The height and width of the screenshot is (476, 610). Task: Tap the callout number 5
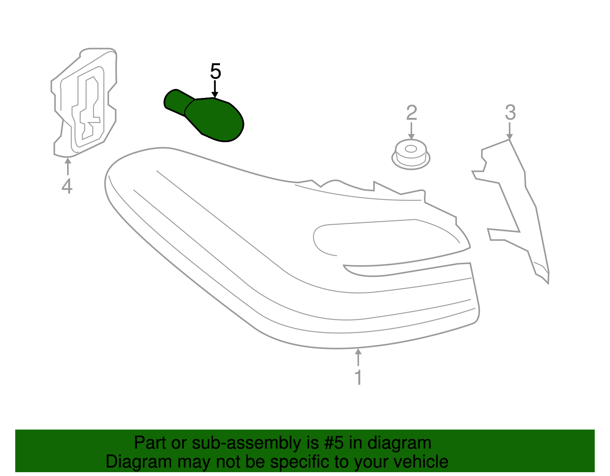(x=215, y=71)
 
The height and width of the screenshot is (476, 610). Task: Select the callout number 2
(x=411, y=113)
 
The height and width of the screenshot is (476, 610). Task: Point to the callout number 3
(x=510, y=113)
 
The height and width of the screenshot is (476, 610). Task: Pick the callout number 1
(x=358, y=377)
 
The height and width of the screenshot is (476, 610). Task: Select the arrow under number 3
(x=510, y=131)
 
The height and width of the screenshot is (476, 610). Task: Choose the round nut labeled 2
(x=411, y=155)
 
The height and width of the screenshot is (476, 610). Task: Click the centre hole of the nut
(x=411, y=149)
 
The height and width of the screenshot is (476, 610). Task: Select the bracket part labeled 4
(x=85, y=103)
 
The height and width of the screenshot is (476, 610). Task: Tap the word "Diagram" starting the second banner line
(x=133, y=462)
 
